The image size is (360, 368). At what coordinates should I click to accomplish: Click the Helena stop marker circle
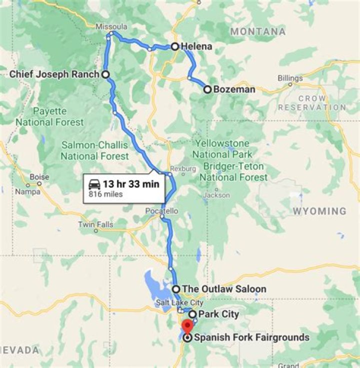click(175, 47)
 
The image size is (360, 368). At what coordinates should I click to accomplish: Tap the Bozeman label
click(234, 90)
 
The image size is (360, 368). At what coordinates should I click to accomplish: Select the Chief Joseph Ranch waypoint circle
click(105, 75)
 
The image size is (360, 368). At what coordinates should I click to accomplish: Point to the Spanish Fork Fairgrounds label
click(251, 337)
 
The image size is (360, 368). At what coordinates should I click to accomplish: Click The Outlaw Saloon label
click(224, 289)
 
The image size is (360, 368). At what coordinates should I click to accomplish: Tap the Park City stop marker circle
click(192, 314)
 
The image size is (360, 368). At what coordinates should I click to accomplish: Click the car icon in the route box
click(94, 184)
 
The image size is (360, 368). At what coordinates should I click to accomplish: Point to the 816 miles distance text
click(105, 194)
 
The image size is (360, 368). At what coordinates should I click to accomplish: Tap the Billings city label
click(290, 79)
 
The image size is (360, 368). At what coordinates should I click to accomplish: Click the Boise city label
click(39, 177)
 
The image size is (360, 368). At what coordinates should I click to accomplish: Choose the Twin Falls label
click(95, 225)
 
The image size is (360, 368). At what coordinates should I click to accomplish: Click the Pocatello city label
click(161, 211)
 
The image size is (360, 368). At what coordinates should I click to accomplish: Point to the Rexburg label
click(182, 169)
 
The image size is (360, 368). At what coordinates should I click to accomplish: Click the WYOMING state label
click(319, 211)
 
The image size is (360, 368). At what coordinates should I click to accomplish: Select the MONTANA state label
click(257, 32)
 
